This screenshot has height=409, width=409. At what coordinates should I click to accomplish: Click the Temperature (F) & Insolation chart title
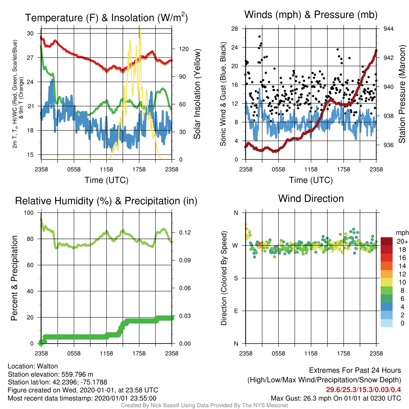click(x=106, y=18)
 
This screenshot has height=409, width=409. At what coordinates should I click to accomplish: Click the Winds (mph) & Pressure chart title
click(x=311, y=15)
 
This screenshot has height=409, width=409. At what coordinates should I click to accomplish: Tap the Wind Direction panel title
click(x=311, y=199)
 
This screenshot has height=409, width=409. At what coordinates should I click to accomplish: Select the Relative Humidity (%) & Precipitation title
click(x=106, y=201)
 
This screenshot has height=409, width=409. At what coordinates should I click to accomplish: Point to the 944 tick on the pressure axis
click(x=388, y=29)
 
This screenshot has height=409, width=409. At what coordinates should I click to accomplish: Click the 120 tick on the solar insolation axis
click(x=184, y=49)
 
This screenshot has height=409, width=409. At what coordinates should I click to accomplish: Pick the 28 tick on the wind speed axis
click(x=235, y=29)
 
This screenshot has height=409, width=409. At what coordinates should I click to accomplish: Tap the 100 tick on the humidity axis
click(x=29, y=213)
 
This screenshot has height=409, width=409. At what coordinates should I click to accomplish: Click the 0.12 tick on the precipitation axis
click(x=185, y=232)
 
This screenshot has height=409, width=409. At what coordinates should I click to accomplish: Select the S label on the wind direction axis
click(x=236, y=278)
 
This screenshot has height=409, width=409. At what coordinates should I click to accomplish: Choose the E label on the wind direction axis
click(x=236, y=311)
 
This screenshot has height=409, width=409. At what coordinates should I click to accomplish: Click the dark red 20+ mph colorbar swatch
click(x=387, y=241)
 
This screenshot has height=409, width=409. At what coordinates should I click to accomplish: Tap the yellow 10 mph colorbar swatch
click(x=387, y=282)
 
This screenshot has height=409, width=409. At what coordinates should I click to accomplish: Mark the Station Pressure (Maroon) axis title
click(x=402, y=94)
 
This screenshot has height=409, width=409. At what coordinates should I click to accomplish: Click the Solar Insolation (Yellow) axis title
click(x=197, y=94)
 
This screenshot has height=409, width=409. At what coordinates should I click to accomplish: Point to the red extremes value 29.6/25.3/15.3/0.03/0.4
click(x=363, y=390)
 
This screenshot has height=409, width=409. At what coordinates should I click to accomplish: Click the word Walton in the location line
click(x=47, y=366)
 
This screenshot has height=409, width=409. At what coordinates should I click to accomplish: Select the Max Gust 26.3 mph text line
click(x=336, y=398)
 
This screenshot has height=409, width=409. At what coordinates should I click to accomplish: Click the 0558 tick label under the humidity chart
click(x=74, y=353)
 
